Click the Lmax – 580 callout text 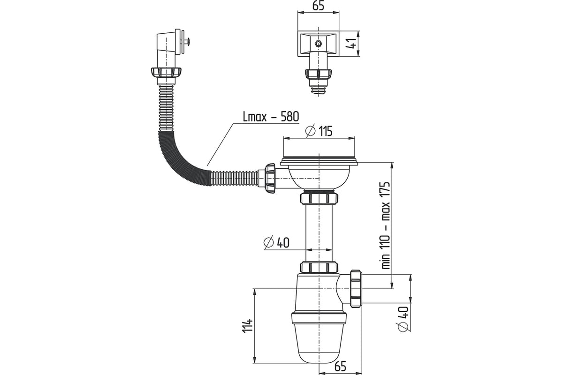[271, 117]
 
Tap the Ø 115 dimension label [319, 131]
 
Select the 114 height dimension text [247, 326]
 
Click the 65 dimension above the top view [318, 5]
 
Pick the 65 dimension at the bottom [340, 367]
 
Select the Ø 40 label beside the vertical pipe [276, 242]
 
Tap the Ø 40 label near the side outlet [403, 319]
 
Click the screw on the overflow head [187, 40]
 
